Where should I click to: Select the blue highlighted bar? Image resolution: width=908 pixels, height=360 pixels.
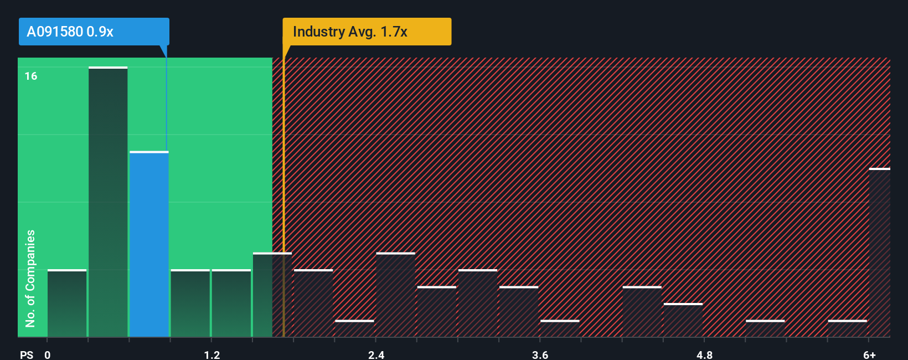tap(149, 244)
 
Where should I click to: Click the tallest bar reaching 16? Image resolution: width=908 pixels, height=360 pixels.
tap(108, 202)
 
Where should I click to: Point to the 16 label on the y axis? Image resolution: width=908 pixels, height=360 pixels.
tap(31, 76)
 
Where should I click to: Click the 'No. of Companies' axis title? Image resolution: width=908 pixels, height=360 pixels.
tap(30, 278)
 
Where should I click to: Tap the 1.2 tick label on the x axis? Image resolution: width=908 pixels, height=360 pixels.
tap(211, 354)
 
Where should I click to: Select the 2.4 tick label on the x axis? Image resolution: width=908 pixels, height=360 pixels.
tap(376, 354)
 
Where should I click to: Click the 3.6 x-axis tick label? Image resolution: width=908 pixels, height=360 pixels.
tap(540, 354)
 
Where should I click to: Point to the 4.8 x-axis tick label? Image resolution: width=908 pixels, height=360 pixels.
tap(704, 354)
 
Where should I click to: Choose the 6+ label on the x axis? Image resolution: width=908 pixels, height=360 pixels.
tap(869, 354)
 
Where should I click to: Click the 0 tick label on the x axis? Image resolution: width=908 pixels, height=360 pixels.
tap(48, 354)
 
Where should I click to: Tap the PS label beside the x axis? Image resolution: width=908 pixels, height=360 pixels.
tap(27, 354)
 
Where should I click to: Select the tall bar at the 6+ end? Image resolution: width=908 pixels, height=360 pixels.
tap(879, 253)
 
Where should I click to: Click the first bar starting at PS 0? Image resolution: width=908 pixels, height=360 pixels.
tap(67, 304)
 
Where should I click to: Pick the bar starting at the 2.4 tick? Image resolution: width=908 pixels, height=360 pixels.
tap(395, 295)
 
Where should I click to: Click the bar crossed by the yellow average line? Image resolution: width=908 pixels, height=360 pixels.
tap(272, 295)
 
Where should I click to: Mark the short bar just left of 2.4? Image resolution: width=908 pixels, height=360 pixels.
tap(354, 328)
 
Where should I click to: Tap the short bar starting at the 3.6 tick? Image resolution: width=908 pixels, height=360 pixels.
tap(560, 328)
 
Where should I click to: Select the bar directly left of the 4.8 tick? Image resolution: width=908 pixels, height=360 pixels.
tap(683, 320)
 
